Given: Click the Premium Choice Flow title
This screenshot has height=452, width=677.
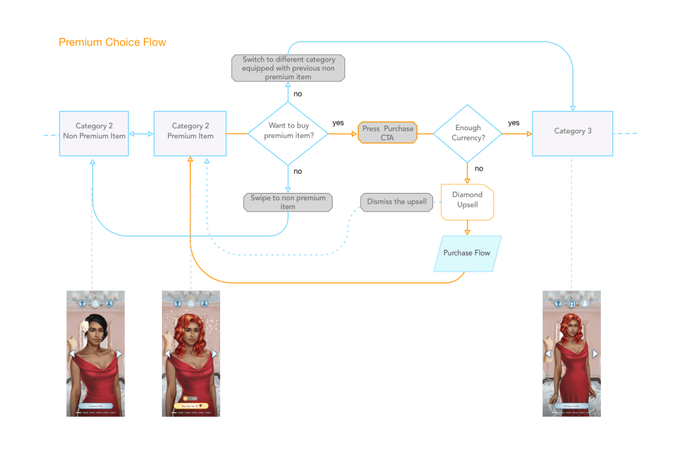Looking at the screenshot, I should [x=112, y=42].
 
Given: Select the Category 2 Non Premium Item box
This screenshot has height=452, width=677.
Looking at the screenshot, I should [x=93, y=133].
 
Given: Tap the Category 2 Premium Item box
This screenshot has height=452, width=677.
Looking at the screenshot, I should [x=190, y=133].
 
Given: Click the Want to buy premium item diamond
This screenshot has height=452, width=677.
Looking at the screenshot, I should [x=288, y=133].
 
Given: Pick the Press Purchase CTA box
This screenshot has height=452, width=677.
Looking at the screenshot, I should [x=387, y=133].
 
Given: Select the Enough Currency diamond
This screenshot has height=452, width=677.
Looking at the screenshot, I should [x=467, y=133].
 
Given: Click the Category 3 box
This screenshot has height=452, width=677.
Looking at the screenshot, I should [x=573, y=133].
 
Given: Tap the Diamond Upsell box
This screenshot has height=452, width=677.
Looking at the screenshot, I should [x=467, y=200].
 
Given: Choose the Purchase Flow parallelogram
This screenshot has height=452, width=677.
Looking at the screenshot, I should [x=467, y=253].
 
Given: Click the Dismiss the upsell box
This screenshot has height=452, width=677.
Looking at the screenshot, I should [x=397, y=202].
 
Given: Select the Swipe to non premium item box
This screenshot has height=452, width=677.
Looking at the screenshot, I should [x=288, y=202].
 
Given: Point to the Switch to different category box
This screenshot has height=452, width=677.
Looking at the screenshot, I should [x=288, y=68].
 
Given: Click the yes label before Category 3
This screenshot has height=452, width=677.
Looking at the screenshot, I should [x=514, y=123].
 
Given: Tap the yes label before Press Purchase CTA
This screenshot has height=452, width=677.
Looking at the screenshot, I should [x=338, y=123].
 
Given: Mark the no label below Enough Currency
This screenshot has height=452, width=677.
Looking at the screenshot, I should [x=479, y=169].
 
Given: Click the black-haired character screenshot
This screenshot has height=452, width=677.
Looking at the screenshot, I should [x=95, y=354].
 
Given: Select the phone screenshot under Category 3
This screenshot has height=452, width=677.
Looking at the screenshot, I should [x=571, y=354].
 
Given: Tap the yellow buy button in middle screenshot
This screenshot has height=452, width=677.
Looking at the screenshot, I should [x=191, y=406].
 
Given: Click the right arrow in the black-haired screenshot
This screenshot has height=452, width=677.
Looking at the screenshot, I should [x=119, y=354].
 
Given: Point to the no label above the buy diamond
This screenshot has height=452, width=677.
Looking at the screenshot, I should [x=298, y=94].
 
